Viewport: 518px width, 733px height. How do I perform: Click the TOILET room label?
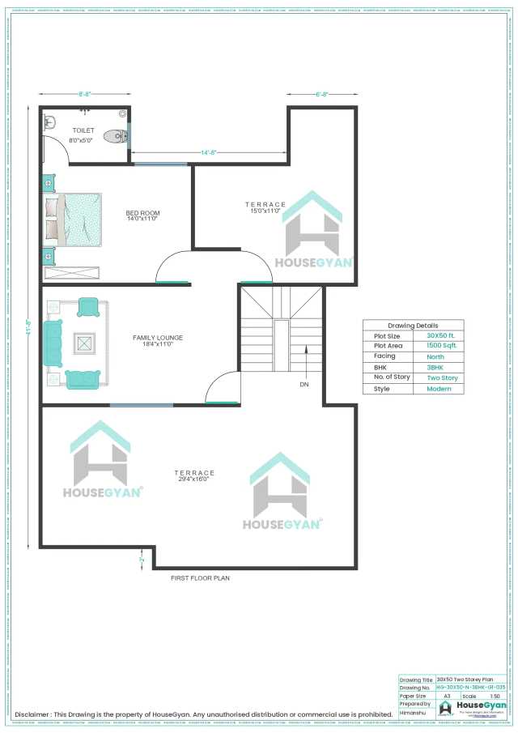click(83, 130)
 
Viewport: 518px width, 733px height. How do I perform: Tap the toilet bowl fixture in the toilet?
click(118, 137)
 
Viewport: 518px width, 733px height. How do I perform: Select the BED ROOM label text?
click(142, 213)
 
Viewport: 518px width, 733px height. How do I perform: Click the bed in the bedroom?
click(73, 219)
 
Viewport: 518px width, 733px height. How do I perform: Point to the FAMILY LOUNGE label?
click(158, 338)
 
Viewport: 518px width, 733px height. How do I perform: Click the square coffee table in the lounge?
click(84, 343)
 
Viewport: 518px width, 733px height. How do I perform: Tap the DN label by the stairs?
click(304, 384)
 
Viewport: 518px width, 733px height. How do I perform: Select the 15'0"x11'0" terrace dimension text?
click(265, 211)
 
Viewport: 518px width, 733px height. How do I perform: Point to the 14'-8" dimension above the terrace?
click(208, 151)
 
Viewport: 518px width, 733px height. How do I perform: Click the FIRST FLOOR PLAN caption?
click(200, 578)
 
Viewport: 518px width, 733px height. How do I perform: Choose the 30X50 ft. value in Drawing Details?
click(442, 335)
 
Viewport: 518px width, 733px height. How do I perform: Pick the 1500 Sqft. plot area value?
click(442, 346)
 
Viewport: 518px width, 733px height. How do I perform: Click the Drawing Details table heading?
click(413, 325)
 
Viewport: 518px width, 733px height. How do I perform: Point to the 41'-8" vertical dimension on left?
click(28, 333)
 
